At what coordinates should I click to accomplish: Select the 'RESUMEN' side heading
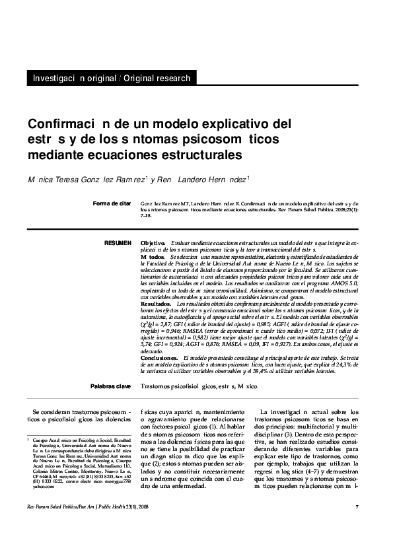118,244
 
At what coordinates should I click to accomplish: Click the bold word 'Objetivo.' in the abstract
154,244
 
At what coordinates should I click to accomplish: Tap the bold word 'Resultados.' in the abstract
157,302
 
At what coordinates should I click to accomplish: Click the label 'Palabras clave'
111,386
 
